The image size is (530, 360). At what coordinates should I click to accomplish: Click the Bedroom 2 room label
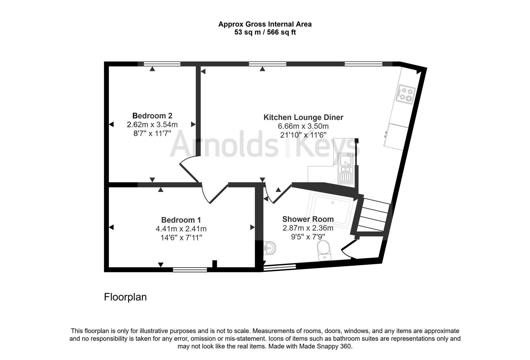pyautogui.click(x=152, y=116)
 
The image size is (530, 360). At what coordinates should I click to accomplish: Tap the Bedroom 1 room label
pyautogui.click(x=181, y=220)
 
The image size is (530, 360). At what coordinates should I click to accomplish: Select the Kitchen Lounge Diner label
pyautogui.click(x=303, y=117)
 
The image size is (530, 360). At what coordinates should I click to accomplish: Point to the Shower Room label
pyautogui.click(x=308, y=219)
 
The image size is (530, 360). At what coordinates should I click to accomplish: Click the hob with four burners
pyautogui.click(x=405, y=94)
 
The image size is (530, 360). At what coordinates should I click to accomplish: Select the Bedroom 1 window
pyautogui.click(x=190, y=270)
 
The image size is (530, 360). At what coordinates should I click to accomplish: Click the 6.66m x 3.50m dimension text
pyautogui.click(x=303, y=126)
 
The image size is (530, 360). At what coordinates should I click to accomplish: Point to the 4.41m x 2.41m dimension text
pyautogui.click(x=181, y=229)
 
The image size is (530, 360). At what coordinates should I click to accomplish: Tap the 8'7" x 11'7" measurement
pyautogui.click(x=152, y=133)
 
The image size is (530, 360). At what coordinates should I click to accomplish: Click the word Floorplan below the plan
pyautogui.click(x=125, y=297)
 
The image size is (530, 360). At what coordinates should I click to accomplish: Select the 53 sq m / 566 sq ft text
pyautogui.click(x=265, y=32)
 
